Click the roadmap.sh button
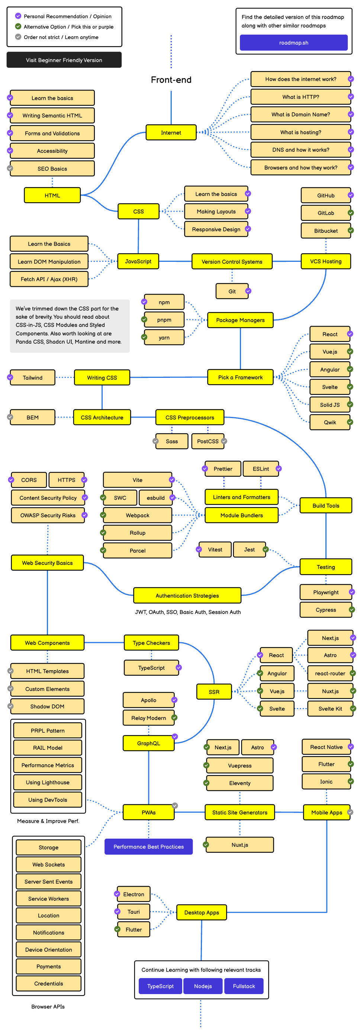coord(293,43)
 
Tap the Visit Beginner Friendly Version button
coord(64,60)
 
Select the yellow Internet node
coord(171,133)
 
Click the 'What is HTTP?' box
coord(300,97)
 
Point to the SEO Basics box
coord(52,169)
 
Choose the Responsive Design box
coord(216,229)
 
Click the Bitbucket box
coord(325,231)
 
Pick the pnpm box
coord(164,320)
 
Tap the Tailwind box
coord(33,378)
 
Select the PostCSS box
coord(207,441)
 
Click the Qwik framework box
coord(330,422)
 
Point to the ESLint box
coord(260,469)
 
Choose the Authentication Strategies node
coord(187,595)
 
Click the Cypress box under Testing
coord(325,610)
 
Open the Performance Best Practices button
coord(148,846)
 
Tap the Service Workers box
coord(49,899)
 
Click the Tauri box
coord(134,912)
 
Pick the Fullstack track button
coord(244,986)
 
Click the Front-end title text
coord(171,80)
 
